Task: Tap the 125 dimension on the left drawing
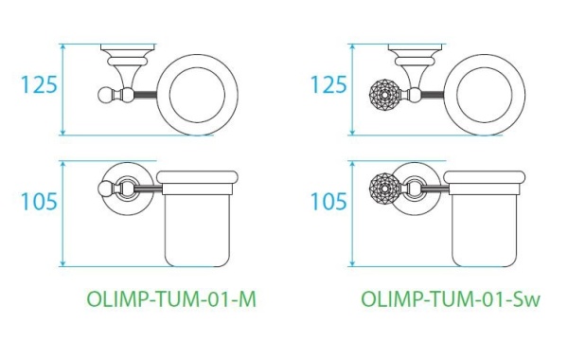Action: pos(39,84)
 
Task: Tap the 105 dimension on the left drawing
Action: pos(39,202)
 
